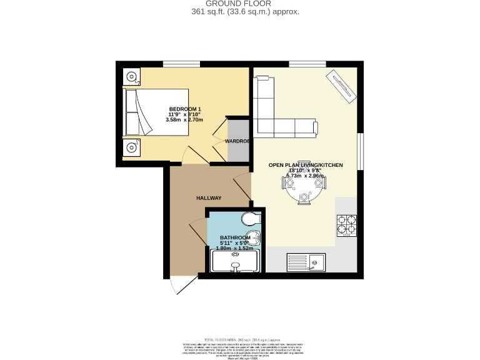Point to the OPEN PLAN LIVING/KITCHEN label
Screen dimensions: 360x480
tap(306, 165)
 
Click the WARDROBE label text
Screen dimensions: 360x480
tap(237, 141)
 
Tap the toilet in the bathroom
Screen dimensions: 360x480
tap(251, 218)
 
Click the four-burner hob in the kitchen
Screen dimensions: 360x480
tap(347, 226)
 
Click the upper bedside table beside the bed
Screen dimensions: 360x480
tap(131, 77)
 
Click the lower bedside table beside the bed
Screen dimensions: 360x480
tap(131, 147)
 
